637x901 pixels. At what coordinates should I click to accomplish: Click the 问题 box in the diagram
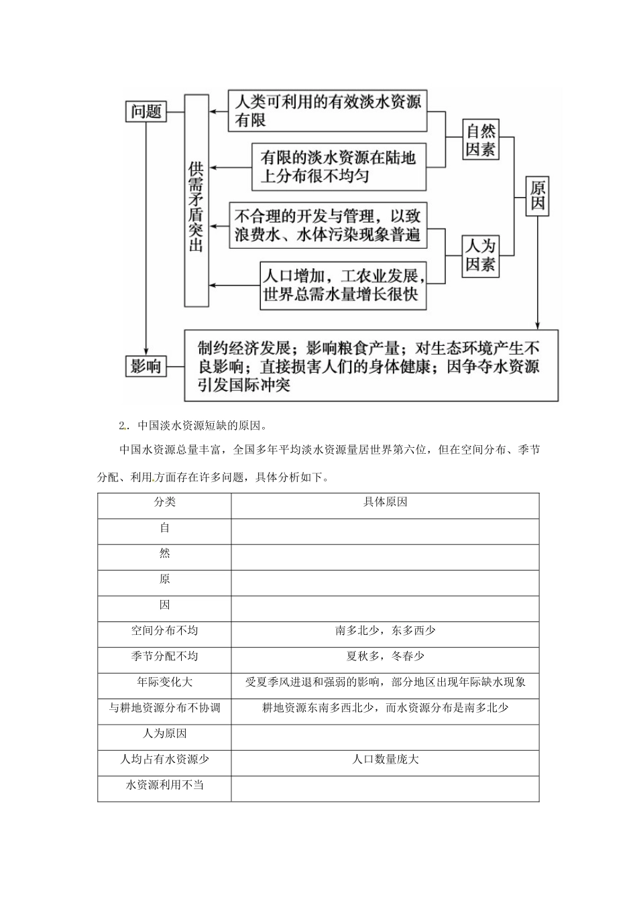pos(146,111)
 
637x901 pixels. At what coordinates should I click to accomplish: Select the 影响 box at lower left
pos(146,366)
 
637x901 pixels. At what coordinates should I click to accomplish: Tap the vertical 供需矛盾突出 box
pos(196,201)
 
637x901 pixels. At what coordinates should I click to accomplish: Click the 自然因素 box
pos(481,139)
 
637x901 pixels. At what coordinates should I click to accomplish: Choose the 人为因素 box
pos(481,255)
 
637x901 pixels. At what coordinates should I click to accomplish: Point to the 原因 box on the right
pos(538,195)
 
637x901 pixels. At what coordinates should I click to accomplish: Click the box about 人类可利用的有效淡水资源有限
pos(328,111)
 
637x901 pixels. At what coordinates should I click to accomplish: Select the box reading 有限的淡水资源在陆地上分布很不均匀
pos(339,167)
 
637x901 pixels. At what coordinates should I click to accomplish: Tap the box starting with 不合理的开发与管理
pos(328,225)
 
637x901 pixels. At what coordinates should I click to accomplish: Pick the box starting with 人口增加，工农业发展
pos(343,285)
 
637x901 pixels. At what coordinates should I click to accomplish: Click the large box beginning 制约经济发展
pos(371,366)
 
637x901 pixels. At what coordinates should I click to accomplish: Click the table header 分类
pos(164,502)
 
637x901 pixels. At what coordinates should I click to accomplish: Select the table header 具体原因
pos(385,502)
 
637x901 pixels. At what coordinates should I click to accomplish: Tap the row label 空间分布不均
pos(164,631)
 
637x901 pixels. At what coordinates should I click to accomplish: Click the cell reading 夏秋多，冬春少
pos(385,656)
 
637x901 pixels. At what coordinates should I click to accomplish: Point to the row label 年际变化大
pos(164,682)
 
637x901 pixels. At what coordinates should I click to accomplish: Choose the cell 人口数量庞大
pos(385,760)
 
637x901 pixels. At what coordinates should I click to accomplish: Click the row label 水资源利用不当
pos(164,785)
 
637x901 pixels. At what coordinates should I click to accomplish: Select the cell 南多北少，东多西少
pos(385,631)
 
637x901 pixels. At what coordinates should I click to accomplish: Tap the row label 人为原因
pos(164,733)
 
